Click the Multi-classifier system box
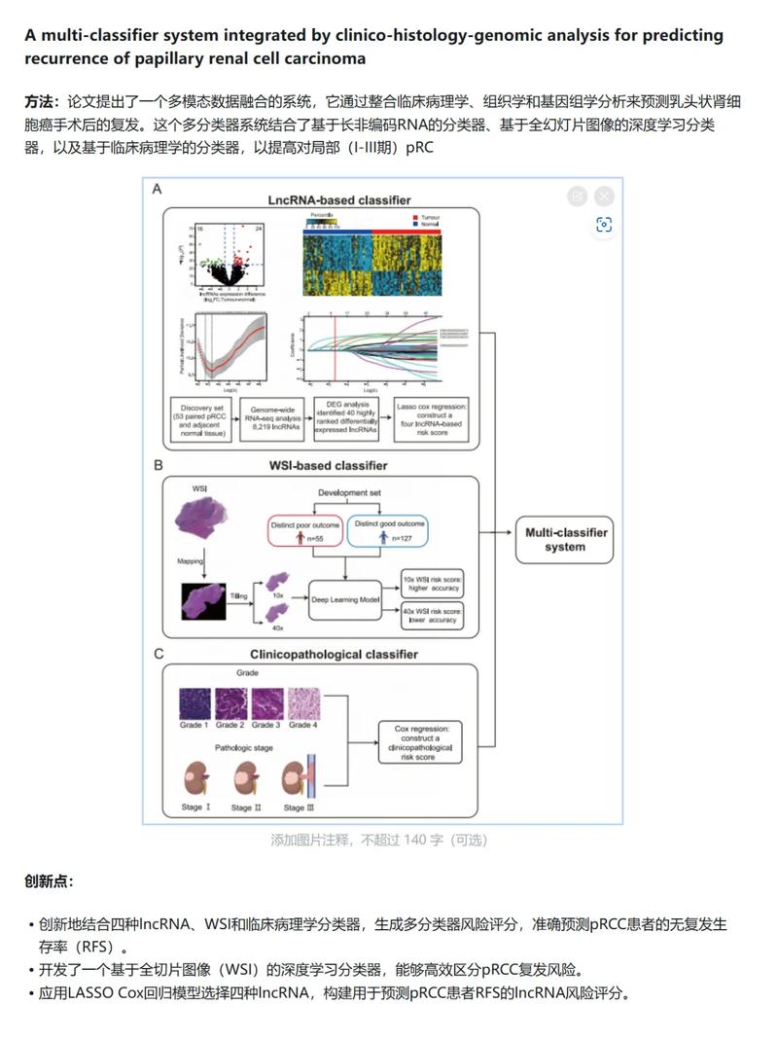click(x=565, y=540)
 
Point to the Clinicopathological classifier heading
click(x=334, y=654)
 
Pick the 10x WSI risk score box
click(x=433, y=584)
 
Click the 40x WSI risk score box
click(x=433, y=616)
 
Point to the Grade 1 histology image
click(x=193, y=702)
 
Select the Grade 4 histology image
click(x=303, y=702)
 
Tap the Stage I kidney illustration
click(x=193, y=779)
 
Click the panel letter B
click(x=159, y=465)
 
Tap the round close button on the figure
click(x=604, y=196)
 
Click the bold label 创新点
click(x=49, y=881)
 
